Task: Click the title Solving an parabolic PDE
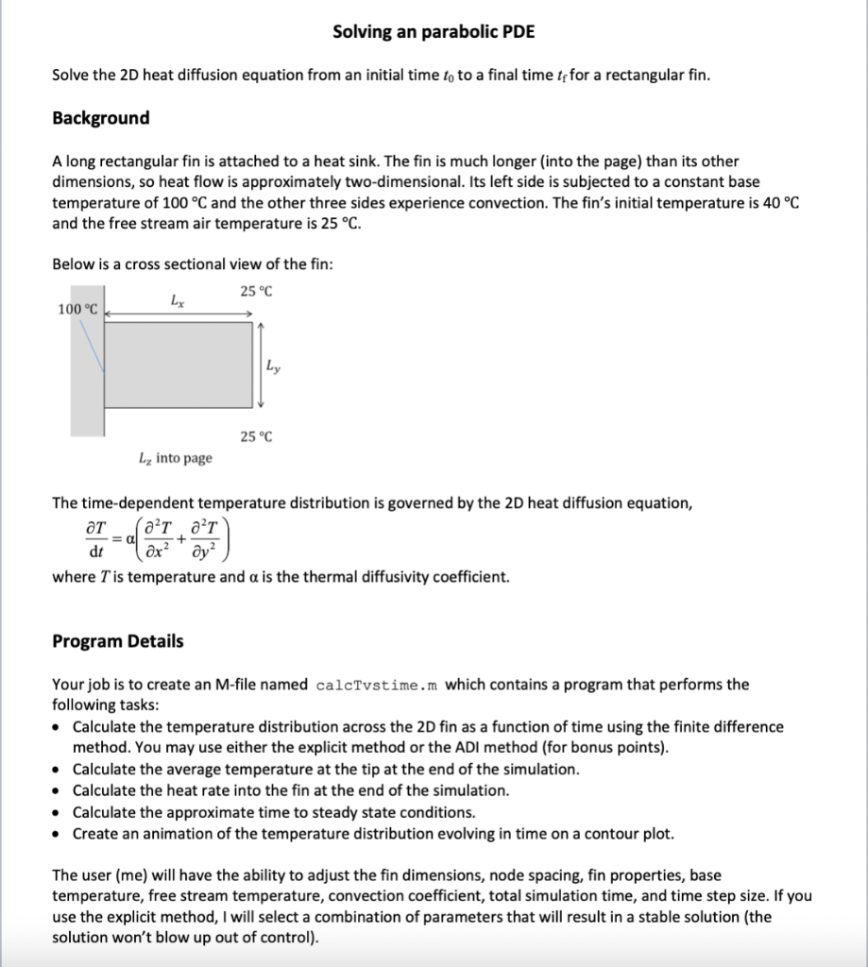(x=434, y=32)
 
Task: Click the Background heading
(x=100, y=118)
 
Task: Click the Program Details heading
(x=117, y=641)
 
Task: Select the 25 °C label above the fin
(x=255, y=291)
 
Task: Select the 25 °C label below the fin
(x=255, y=436)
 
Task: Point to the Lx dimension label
(x=178, y=300)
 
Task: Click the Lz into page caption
(x=175, y=458)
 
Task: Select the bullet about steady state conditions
(x=274, y=812)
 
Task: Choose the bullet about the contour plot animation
(x=373, y=833)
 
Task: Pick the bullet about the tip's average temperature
(x=326, y=769)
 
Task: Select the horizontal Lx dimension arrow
(x=179, y=314)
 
